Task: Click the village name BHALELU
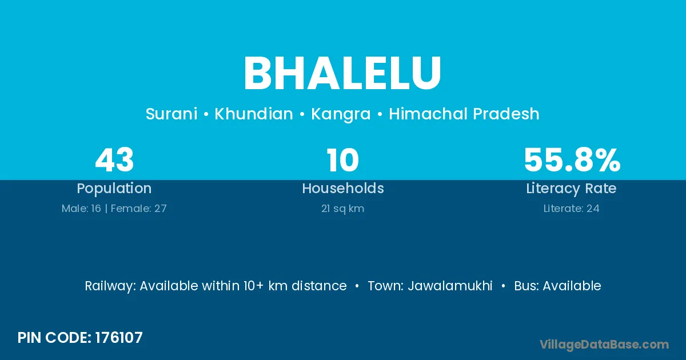coord(342,73)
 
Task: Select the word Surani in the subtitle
coord(171,114)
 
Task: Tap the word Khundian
coord(254,114)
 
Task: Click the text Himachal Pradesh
coord(464,114)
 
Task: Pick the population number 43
coord(114,160)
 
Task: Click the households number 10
coord(342,160)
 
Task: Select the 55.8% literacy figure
coord(572,160)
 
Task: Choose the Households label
coord(343,188)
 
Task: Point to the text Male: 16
coord(81,209)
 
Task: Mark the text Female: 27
coord(139,209)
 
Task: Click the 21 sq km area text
coord(342,209)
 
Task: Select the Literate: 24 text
coord(572,209)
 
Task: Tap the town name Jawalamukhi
coord(450,286)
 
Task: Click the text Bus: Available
coord(557,286)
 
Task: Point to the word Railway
coord(110,286)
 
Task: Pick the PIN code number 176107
coord(119,338)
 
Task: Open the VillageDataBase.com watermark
coord(604,345)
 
